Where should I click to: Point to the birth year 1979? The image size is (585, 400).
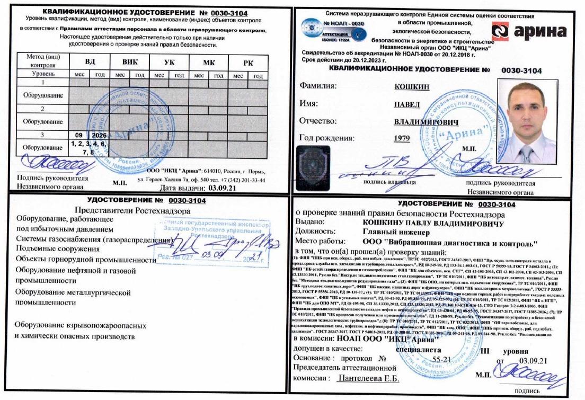(403, 139)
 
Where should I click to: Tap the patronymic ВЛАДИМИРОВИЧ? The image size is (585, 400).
(426, 121)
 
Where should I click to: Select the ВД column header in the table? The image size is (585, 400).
(90, 61)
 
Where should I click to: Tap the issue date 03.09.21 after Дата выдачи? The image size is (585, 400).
(222, 188)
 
